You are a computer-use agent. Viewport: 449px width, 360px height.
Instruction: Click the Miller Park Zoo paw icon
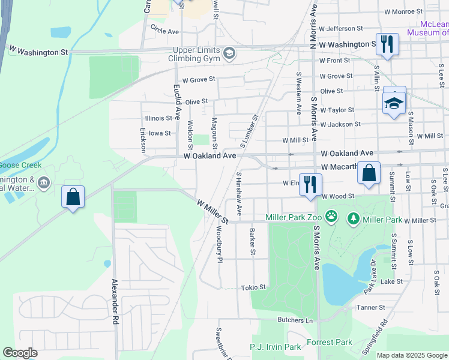[x=331, y=216]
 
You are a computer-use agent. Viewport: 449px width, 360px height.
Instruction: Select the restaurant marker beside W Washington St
[x=386, y=44]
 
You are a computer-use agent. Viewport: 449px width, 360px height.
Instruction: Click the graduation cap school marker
[x=394, y=103]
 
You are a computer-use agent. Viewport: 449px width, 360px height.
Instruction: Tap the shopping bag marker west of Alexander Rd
[x=73, y=196]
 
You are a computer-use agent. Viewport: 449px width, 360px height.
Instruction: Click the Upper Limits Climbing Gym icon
[x=229, y=54]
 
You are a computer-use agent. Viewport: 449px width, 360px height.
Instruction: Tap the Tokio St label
[x=253, y=288]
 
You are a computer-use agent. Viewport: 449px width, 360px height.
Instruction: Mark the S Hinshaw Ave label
[x=239, y=194]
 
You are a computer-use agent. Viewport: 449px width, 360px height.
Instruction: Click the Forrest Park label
[x=330, y=343]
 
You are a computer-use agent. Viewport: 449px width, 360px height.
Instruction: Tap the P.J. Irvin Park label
[x=275, y=347]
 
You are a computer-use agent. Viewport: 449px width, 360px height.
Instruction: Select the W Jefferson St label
[x=341, y=28]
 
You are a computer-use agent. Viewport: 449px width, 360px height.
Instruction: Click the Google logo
[x=20, y=353]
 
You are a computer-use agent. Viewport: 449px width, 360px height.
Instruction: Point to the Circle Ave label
[x=165, y=30]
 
